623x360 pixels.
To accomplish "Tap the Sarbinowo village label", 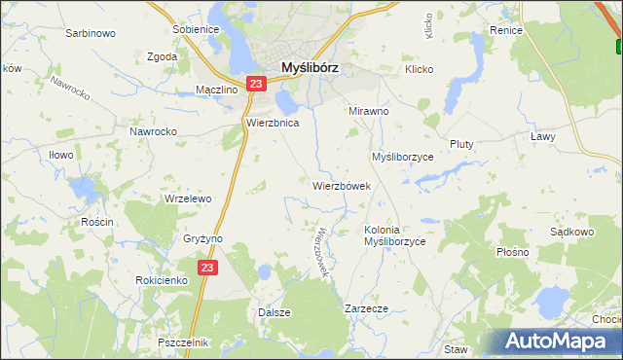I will pos(91,33).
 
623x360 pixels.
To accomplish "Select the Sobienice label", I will pos(195,29).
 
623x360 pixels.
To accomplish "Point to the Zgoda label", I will pos(162,56).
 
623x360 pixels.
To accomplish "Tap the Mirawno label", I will pos(369,111).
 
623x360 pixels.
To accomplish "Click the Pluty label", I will pos(460,144).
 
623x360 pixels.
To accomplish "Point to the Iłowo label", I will pos(61,154).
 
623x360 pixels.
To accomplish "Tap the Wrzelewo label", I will pos(188,198).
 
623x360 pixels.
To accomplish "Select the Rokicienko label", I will pos(162,280).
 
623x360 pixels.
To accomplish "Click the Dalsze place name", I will pos(274,312).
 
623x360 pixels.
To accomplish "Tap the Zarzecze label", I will pos(367,308).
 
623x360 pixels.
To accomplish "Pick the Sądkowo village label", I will pos(571,233).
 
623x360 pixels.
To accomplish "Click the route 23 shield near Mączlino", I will pos(255,85).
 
